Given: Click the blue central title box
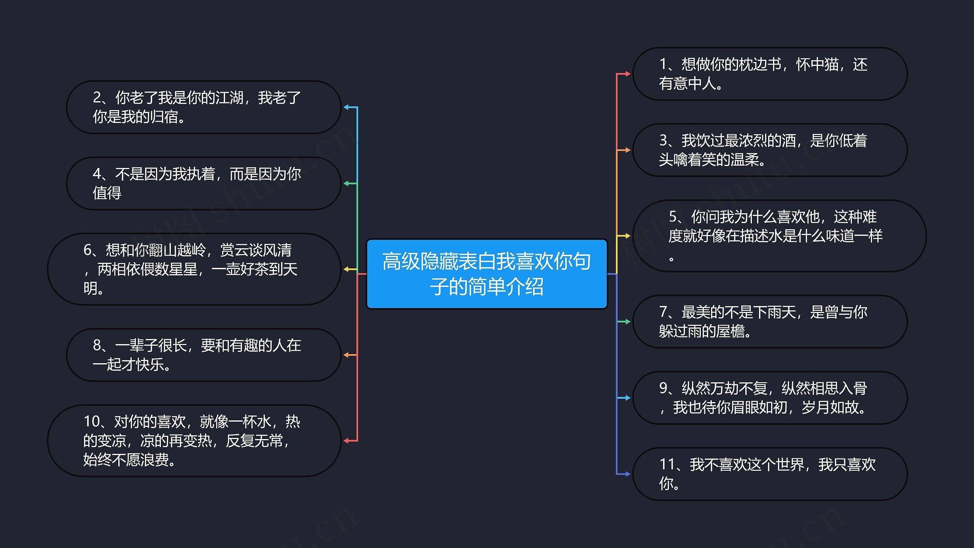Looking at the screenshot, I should coord(487,274).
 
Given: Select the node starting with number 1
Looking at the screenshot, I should coord(769,74).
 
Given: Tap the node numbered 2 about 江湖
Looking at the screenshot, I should coord(204,107).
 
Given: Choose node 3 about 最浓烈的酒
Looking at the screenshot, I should coord(769,150).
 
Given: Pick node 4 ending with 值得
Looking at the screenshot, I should coord(204,183).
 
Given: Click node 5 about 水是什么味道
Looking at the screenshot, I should coord(779,236).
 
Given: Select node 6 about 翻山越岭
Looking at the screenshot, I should coord(194,269).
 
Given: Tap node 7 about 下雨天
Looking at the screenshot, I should coord(769,321).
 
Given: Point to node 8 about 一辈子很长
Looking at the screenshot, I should coord(204,355).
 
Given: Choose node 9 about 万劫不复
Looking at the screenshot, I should coord(769,398).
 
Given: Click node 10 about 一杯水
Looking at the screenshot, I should coord(194,440).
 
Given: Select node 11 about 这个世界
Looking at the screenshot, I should coord(769,474).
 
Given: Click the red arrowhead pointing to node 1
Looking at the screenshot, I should coord(627,74).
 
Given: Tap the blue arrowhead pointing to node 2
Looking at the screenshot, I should coord(346,107).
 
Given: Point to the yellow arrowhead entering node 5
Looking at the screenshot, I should coord(627,236).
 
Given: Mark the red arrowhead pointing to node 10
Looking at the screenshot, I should coord(346,441).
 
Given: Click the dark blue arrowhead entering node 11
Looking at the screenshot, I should coord(627,474).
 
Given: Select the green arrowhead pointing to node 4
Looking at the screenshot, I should coord(346,184).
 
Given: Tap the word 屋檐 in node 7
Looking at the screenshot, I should coord(730,331).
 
